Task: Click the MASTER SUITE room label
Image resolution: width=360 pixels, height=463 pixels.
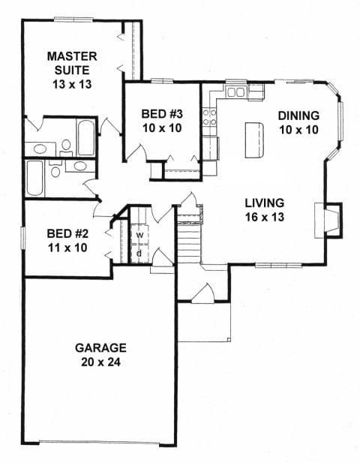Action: coord(72,63)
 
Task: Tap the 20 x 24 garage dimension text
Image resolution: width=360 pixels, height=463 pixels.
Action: coord(101,362)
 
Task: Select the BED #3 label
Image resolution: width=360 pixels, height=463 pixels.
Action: coord(162,113)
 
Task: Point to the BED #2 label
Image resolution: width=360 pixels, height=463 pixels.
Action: coord(67,234)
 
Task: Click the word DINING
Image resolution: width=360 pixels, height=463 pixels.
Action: coord(298,116)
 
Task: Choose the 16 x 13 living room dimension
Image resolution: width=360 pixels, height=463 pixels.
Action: coord(265,217)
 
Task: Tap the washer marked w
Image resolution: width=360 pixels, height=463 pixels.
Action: coord(139,235)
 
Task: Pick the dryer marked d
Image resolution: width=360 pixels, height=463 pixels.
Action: coord(139,254)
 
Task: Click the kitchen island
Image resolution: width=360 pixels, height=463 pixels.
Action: coord(254,140)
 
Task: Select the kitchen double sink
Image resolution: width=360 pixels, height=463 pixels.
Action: coord(235,92)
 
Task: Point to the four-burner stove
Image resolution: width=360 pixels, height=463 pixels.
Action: coord(209,117)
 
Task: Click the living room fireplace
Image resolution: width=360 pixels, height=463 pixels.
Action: coord(328,220)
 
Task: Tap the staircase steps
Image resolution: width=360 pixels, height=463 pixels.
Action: coord(189,242)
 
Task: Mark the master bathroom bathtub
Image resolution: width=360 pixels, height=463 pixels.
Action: coord(85,137)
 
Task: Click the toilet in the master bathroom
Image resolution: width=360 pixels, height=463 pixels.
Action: coord(66,147)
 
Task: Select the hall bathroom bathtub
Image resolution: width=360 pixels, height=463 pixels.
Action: coord(34,179)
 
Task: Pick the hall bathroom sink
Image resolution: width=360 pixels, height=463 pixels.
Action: coord(80,166)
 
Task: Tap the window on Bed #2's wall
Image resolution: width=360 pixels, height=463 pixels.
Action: coord(22,239)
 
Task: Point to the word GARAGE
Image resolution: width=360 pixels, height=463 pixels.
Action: coord(101,348)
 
